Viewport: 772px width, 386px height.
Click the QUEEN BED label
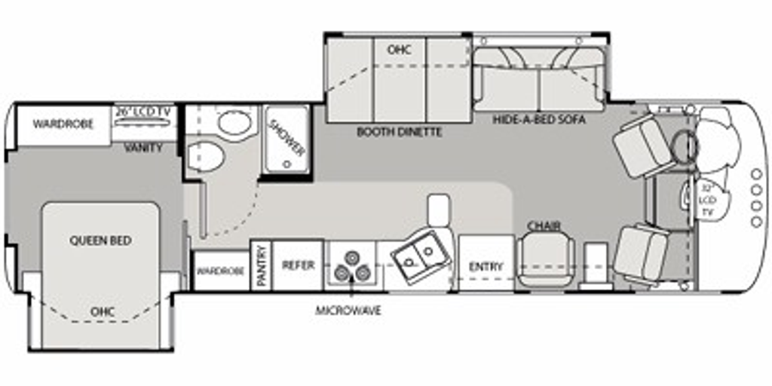[x=100, y=240]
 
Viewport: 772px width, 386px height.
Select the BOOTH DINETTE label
[x=400, y=132]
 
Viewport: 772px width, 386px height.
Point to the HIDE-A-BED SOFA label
[x=540, y=118]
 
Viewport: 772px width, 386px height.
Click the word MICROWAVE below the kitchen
[x=348, y=311]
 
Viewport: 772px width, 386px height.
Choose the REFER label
[x=298, y=265]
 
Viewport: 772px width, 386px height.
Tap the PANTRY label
[x=261, y=266]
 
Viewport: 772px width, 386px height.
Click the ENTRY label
[x=486, y=267]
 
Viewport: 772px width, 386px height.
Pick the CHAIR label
[x=544, y=226]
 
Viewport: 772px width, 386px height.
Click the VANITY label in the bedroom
[x=143, y=147]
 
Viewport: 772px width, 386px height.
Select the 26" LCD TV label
[x=142, y=112]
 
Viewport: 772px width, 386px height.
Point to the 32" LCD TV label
[x=707, y=200]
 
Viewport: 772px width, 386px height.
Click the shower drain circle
[x=286, y=164]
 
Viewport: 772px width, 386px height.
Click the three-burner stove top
[x=351, y=266]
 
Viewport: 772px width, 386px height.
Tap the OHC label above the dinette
[x=399, y=50]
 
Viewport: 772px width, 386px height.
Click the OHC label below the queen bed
[x=103, y=311]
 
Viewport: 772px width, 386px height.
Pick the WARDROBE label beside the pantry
[x=221, y=271]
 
